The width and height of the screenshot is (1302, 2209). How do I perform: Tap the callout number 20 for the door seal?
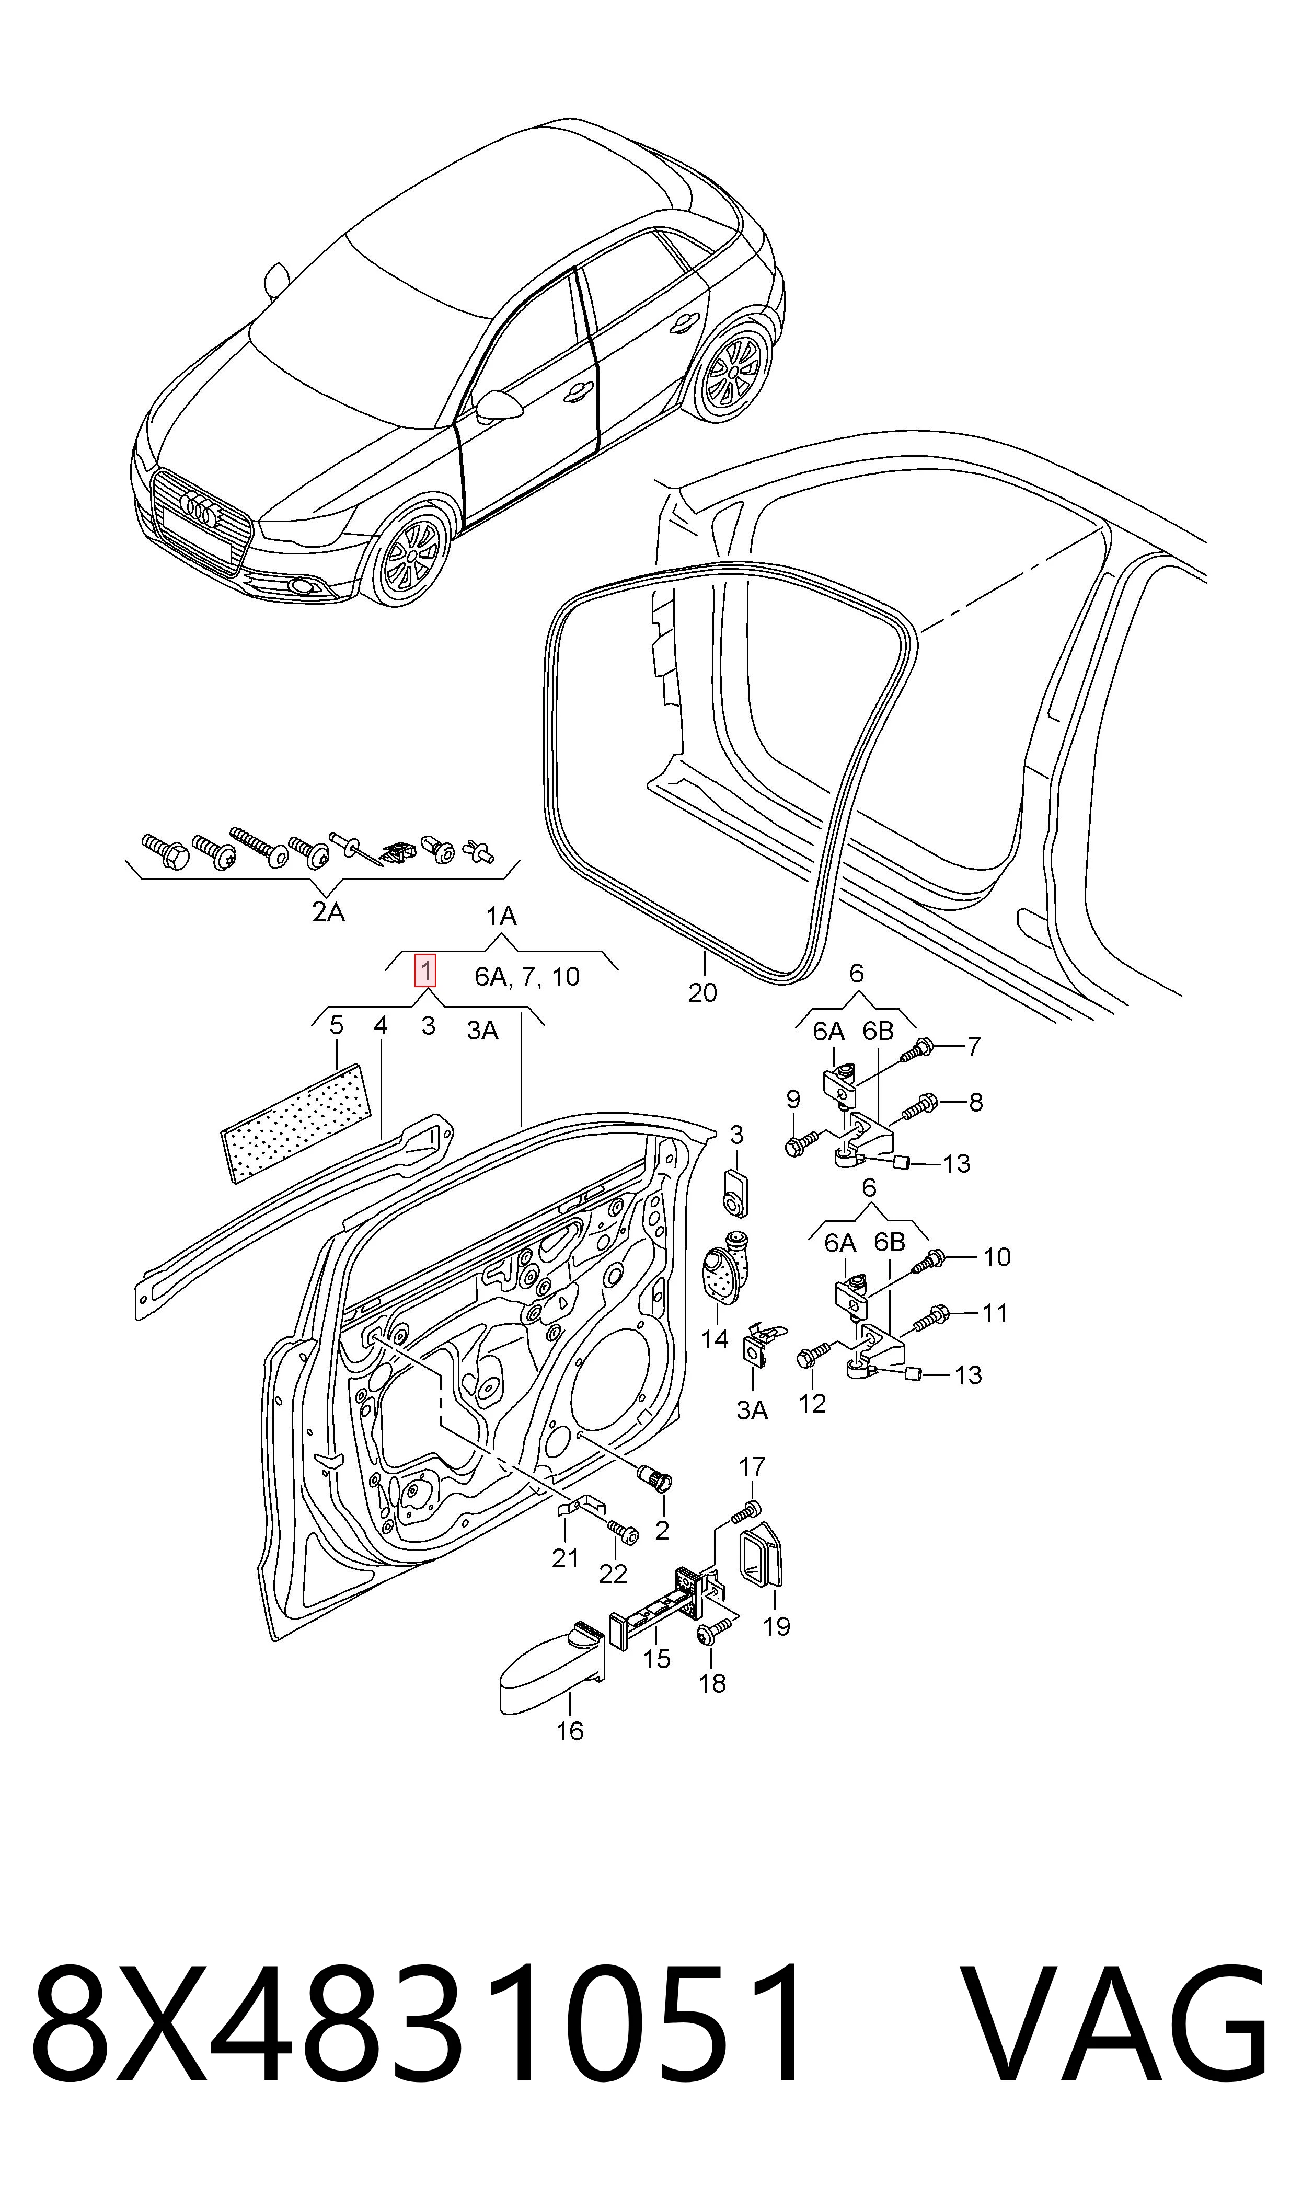[703, 993]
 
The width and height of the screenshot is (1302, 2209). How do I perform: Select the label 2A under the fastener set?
[328, 913]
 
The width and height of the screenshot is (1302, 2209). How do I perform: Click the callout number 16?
[570, 1730]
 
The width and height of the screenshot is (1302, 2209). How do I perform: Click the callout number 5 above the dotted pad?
[336, 1025]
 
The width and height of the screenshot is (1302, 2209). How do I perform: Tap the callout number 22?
[613, 1574]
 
